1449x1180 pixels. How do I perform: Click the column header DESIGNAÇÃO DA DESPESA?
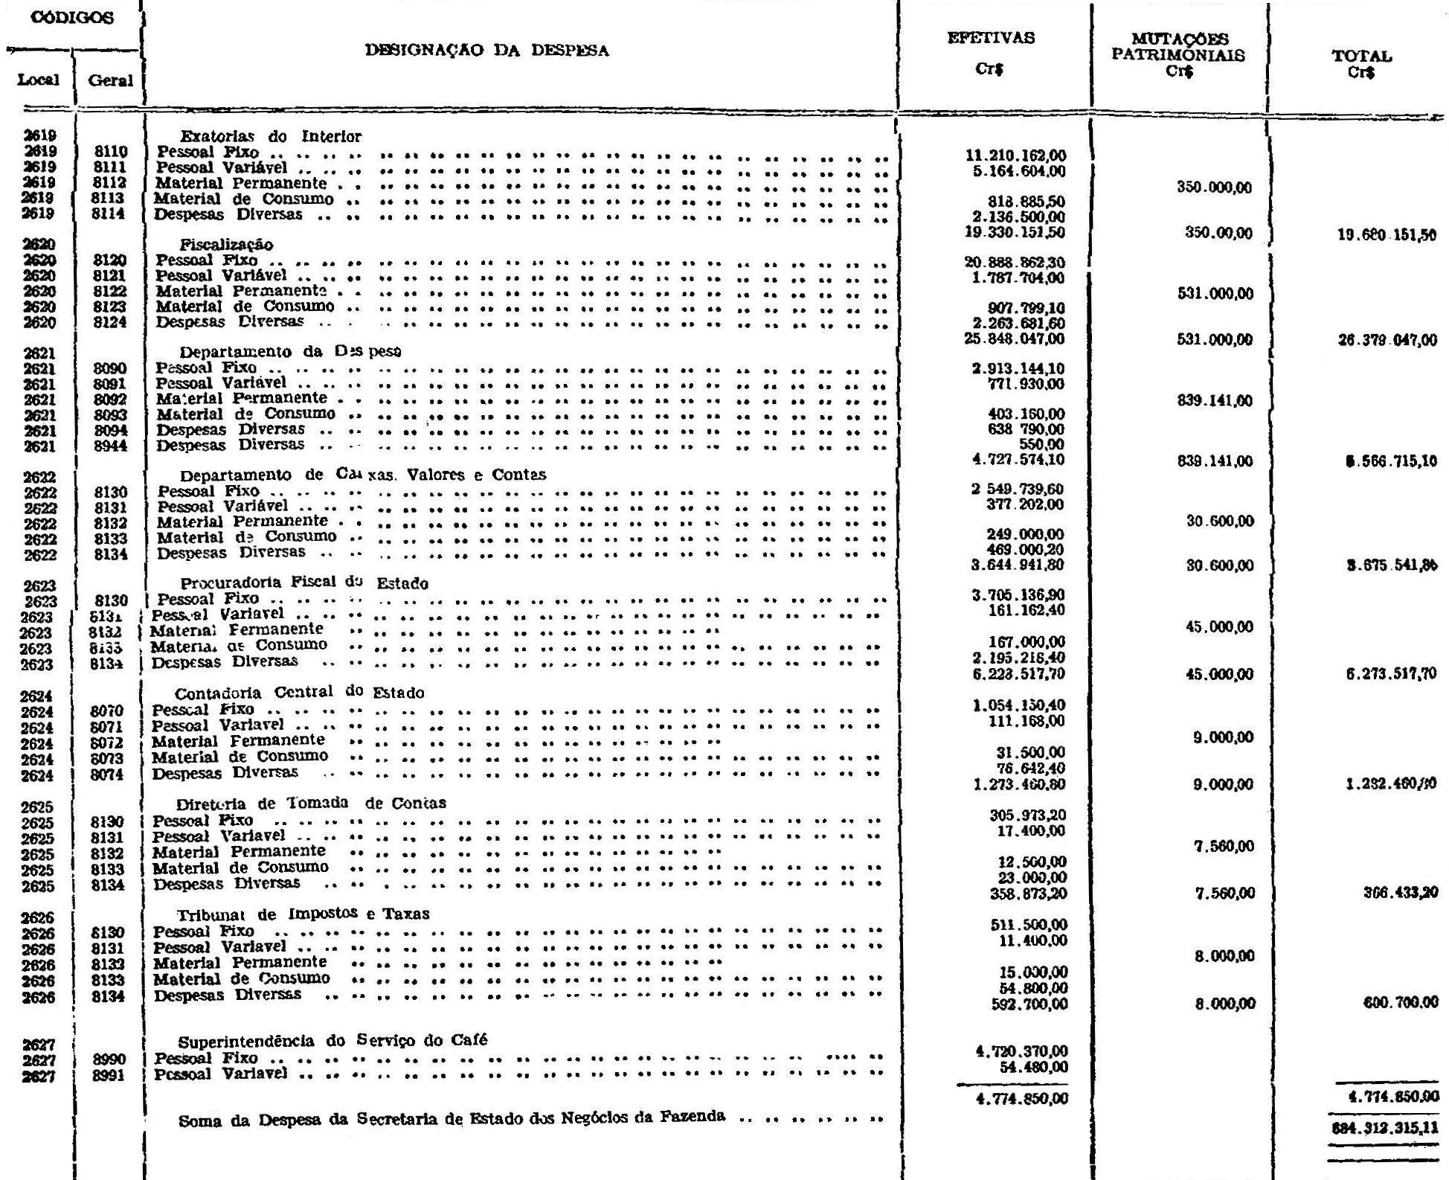(x=486, y=51)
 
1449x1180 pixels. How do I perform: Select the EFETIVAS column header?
(x=991, y=38)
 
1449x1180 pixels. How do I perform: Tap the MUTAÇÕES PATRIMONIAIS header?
(x=1179, y=47)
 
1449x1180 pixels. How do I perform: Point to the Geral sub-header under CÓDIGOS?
(x=110, y=80)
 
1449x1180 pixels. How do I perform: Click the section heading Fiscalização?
(x=226, y=245)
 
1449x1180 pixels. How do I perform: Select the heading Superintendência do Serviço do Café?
(x=332, y=1040)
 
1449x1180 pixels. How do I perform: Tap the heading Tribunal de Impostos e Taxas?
(x=303, y=914)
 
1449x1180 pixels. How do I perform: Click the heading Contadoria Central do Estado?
(x=299, y=693)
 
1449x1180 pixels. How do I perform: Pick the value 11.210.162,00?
(x=1015, y=155)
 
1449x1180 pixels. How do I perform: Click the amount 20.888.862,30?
(x=1015, y=262)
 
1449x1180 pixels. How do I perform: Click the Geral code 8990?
(x=109, y=1059)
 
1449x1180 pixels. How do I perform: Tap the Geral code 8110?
(x=111, y=153)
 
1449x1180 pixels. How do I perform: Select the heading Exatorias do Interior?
(x=270, y=137)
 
